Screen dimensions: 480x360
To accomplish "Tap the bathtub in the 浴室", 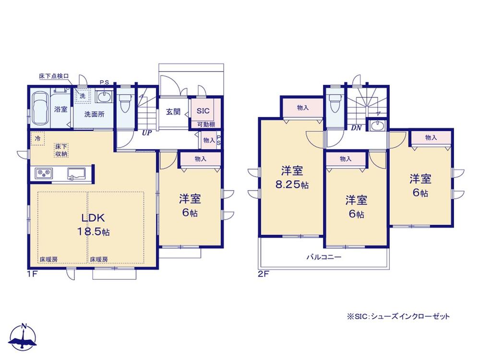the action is pos(40,108).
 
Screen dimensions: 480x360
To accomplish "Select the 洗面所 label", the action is pos(94,115).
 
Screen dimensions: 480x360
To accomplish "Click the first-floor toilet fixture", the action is pos(125,103).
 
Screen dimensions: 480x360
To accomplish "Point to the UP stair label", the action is pos(146,133).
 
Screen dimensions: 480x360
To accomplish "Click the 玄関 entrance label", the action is pos(173,112).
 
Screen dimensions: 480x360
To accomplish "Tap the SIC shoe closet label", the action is pos(203,111).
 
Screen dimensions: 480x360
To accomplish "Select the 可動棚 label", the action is pos(206,125).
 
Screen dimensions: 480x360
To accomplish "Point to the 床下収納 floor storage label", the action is pos(61,150).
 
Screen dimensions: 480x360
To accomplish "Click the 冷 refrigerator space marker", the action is pos(37,138).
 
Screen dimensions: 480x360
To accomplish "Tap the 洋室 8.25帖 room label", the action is pos(292,178).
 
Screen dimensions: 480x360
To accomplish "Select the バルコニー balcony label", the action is pos(324,257).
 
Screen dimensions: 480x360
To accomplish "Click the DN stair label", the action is pos(356,128).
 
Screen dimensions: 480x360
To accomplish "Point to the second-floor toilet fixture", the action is pos(333,104).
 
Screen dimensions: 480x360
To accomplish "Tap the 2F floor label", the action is pos(263,274).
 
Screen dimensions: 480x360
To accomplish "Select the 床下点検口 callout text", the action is pos(54,76).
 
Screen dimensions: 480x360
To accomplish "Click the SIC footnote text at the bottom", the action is pos(398,316).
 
